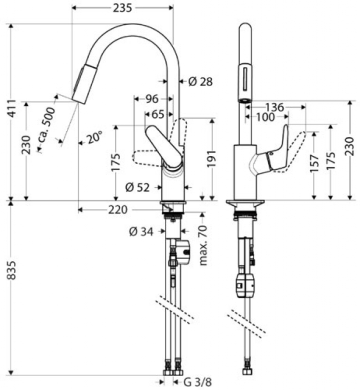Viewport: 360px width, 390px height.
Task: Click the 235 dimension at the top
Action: [x=122, y=8]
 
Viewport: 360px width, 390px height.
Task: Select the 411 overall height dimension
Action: [x=12, y=108]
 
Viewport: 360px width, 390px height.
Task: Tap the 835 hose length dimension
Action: [x=12, y=270]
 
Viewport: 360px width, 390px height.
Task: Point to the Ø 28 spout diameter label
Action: [x=200, y=82]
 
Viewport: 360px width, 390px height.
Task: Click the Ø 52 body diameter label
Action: [x=138, y=187]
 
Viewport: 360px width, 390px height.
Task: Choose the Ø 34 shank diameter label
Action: [x=141, y=232]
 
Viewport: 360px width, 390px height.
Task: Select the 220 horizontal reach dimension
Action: [x=118, y=210]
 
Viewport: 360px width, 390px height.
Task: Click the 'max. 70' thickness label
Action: [x=203, y=245]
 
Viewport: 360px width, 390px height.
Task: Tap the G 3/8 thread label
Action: [x=198, y=381]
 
